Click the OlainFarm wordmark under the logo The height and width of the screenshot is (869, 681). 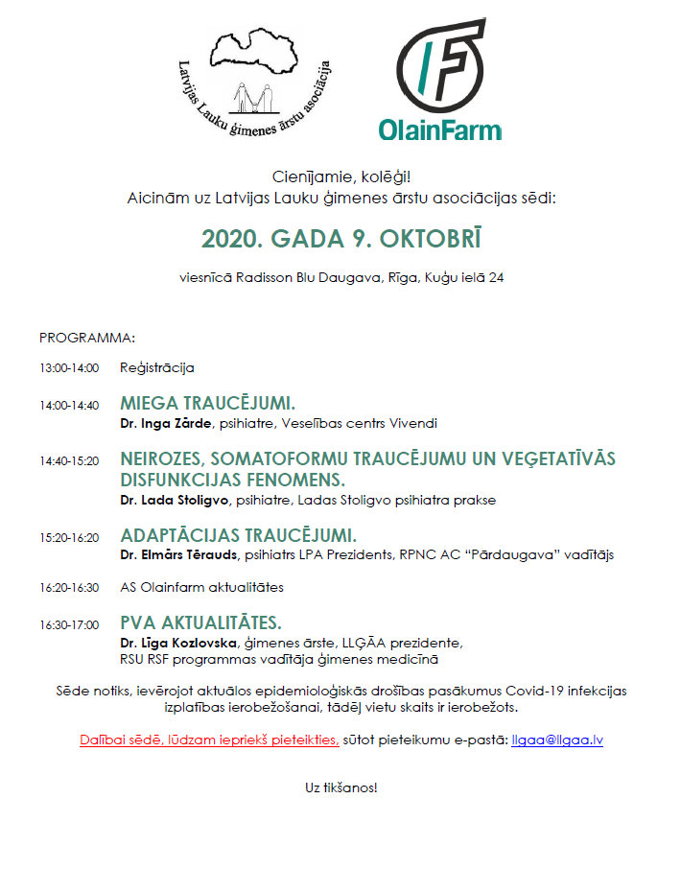point(439,129)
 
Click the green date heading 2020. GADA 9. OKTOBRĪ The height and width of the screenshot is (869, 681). point(340,238)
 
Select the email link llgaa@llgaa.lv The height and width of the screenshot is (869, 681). point(557,740)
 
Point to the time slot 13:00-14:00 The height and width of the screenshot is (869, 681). point(69,367)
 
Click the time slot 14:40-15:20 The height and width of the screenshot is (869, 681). point(69,461)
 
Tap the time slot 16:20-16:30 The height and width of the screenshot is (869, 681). point(69,587)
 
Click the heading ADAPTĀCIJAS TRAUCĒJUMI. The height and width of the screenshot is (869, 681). point(238,535)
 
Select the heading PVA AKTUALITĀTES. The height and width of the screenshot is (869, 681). point(200,622)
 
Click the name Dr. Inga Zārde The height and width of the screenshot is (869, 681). point(165,423)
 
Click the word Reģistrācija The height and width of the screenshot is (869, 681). point(157,367)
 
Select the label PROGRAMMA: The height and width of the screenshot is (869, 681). point(87,338)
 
